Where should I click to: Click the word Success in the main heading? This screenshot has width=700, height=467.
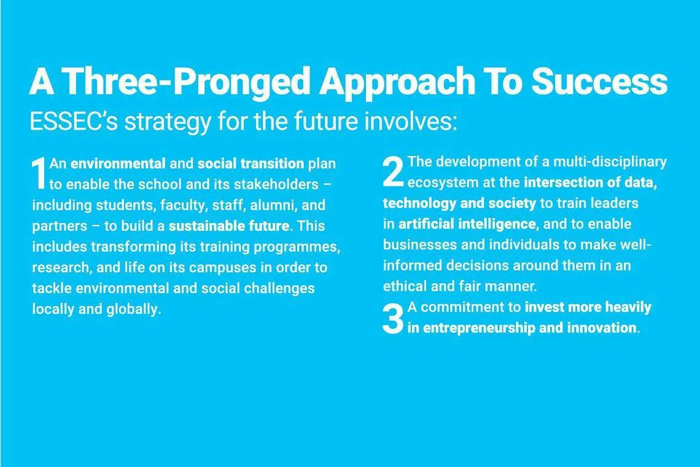[599, 81]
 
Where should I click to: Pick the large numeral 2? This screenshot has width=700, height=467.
[394, 171]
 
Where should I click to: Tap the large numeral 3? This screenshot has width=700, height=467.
[394, 318]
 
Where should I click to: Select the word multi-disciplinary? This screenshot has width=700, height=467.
[610, 162]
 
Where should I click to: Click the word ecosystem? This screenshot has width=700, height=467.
[443, 182]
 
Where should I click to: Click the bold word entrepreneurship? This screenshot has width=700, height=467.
[479, 328]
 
